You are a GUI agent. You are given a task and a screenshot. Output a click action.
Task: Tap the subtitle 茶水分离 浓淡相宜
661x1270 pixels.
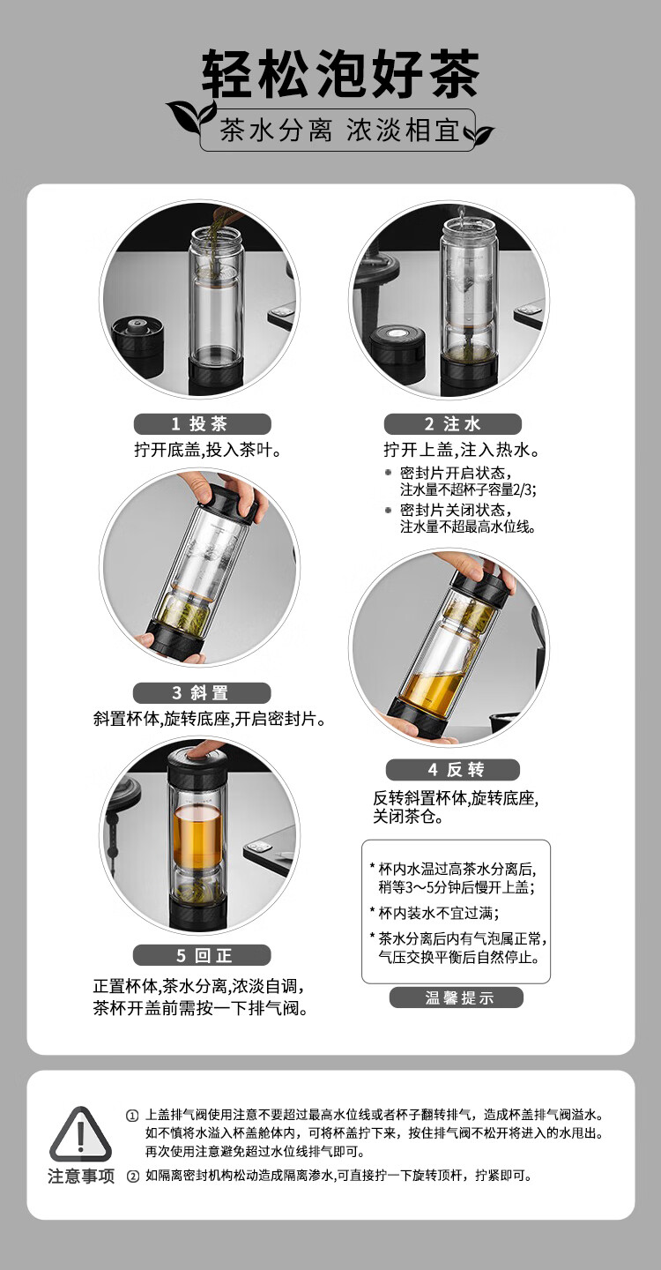point(339,130)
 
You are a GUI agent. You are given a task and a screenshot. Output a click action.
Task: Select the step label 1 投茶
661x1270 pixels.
point(202,423)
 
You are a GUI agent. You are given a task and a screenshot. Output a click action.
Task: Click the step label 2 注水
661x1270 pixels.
point(452,423)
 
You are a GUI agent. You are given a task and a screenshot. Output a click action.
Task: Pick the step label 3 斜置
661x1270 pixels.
point(202,693)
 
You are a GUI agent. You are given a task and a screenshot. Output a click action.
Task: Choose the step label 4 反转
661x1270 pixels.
point(453,769)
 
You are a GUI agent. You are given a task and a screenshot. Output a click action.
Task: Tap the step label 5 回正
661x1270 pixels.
point(202,956)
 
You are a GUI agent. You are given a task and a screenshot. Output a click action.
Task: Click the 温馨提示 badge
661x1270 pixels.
point(457,997)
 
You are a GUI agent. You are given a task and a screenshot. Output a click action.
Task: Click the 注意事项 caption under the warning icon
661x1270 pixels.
point(81,1177)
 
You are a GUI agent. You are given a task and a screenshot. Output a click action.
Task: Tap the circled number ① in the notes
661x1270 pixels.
point(132,1116)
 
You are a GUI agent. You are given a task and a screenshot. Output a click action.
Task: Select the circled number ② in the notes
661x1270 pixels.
point(132,1177)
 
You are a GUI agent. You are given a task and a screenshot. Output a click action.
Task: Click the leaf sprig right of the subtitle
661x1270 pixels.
point(478,133)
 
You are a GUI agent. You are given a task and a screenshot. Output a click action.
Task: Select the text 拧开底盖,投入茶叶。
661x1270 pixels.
point(208,450)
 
